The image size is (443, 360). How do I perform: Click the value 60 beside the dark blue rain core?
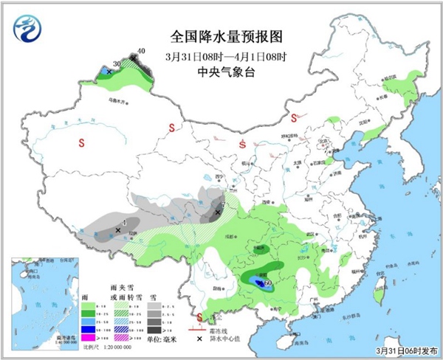tap(269, 283)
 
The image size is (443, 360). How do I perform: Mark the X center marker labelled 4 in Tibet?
tap(118, 230)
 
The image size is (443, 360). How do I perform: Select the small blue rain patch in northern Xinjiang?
tap(108, 70)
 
